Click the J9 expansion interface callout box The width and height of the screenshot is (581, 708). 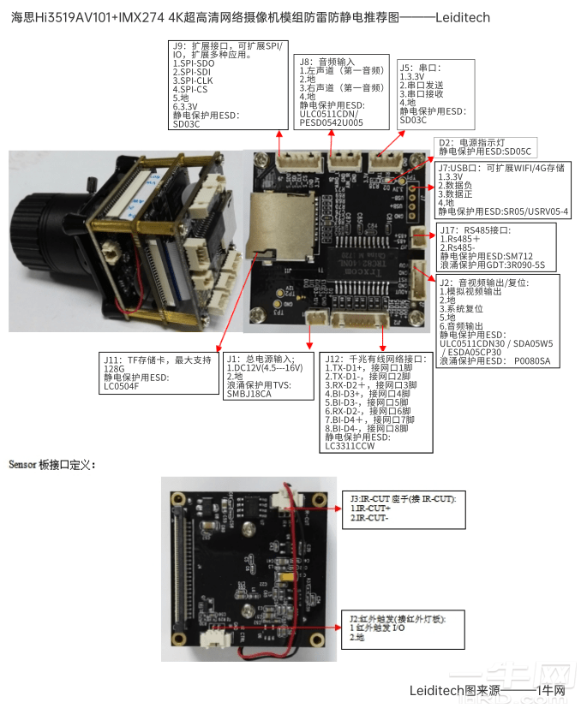(227, 84)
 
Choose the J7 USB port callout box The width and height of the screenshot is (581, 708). (502, 189)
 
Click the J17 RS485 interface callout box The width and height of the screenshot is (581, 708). (496, 247)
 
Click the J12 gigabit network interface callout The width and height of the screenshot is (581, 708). (376, 402)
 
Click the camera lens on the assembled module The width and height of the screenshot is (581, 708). (39, 231)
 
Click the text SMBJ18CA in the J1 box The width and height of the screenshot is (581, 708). (249, 395)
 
